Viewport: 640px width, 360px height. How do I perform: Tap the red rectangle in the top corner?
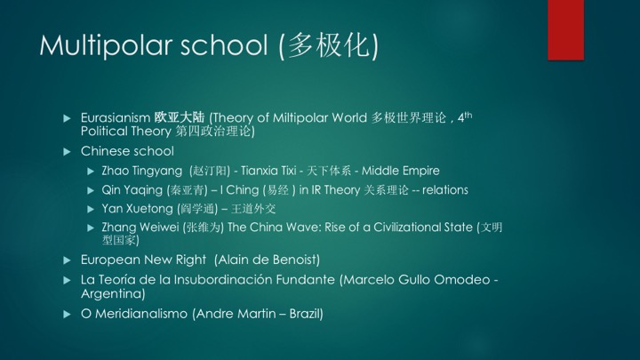(x=565, y=30)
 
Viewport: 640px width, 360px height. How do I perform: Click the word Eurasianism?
(x=116, y=117)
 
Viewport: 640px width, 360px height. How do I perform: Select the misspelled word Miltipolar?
(x=300, y=117)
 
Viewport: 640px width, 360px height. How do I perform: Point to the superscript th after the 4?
(x=468, y=115)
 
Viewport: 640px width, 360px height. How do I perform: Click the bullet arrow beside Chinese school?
(x=68, y=152)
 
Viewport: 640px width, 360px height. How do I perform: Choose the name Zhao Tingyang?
(x=142, y=171)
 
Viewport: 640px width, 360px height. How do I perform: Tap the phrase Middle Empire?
(x=401, y=171)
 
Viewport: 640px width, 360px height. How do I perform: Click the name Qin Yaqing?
(x=132, y=190)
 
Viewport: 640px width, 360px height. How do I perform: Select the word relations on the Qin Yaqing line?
(x=445, y=190)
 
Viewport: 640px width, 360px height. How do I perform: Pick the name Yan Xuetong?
(x=138, y=209)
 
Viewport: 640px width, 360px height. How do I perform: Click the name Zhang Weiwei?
(x=140, y=228)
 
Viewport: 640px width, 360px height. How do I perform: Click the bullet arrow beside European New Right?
(x=68, y=260)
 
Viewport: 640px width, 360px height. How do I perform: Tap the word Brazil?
(x=305, y=314)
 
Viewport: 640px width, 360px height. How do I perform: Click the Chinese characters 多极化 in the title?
(x=329, y=45)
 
